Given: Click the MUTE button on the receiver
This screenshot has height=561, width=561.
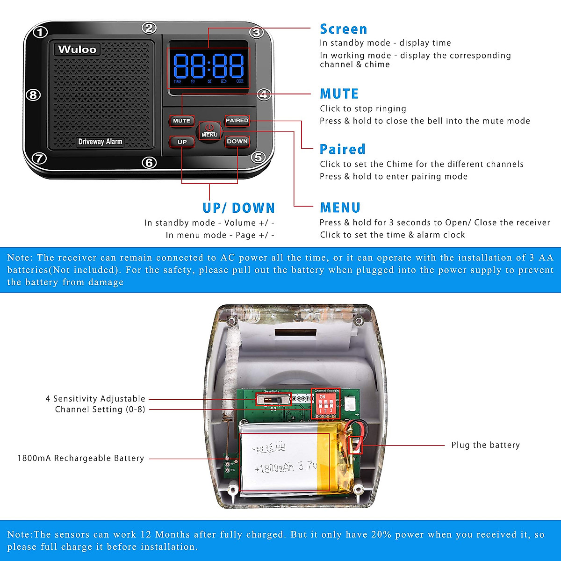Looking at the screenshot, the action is tap(181, 121).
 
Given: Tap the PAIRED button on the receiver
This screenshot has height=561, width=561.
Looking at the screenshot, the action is tap(237, 121).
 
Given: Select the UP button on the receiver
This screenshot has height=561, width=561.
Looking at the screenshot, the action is tap(182, 142).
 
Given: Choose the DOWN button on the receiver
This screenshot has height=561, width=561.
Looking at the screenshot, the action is tap(237, 141).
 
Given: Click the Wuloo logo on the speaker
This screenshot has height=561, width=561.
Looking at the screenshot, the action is tap(77, 50).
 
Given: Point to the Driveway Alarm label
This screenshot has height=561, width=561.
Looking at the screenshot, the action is tap(100, 142).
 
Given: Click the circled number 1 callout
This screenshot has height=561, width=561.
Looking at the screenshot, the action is tap(41, 32).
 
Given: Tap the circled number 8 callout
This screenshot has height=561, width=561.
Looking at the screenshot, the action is tap(32, 95).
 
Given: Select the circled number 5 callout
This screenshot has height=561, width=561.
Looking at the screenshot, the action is tap(258, 158).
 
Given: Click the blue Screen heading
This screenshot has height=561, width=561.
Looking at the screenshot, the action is tap(343, 29).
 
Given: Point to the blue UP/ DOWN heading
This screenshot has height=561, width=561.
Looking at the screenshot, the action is tap(238, 208).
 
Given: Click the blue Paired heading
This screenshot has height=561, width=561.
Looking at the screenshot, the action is tap(342, 149).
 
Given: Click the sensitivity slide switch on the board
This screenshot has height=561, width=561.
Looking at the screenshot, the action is tap(273, 400).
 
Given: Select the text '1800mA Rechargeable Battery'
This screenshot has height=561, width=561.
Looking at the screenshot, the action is tap(81, 458).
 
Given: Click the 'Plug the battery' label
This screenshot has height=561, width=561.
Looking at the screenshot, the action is tap(485, 445).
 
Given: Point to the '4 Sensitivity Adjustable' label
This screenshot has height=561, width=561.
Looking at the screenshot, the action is tap(95, 399).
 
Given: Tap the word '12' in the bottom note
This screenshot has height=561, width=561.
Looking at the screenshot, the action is tap(145, 534).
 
